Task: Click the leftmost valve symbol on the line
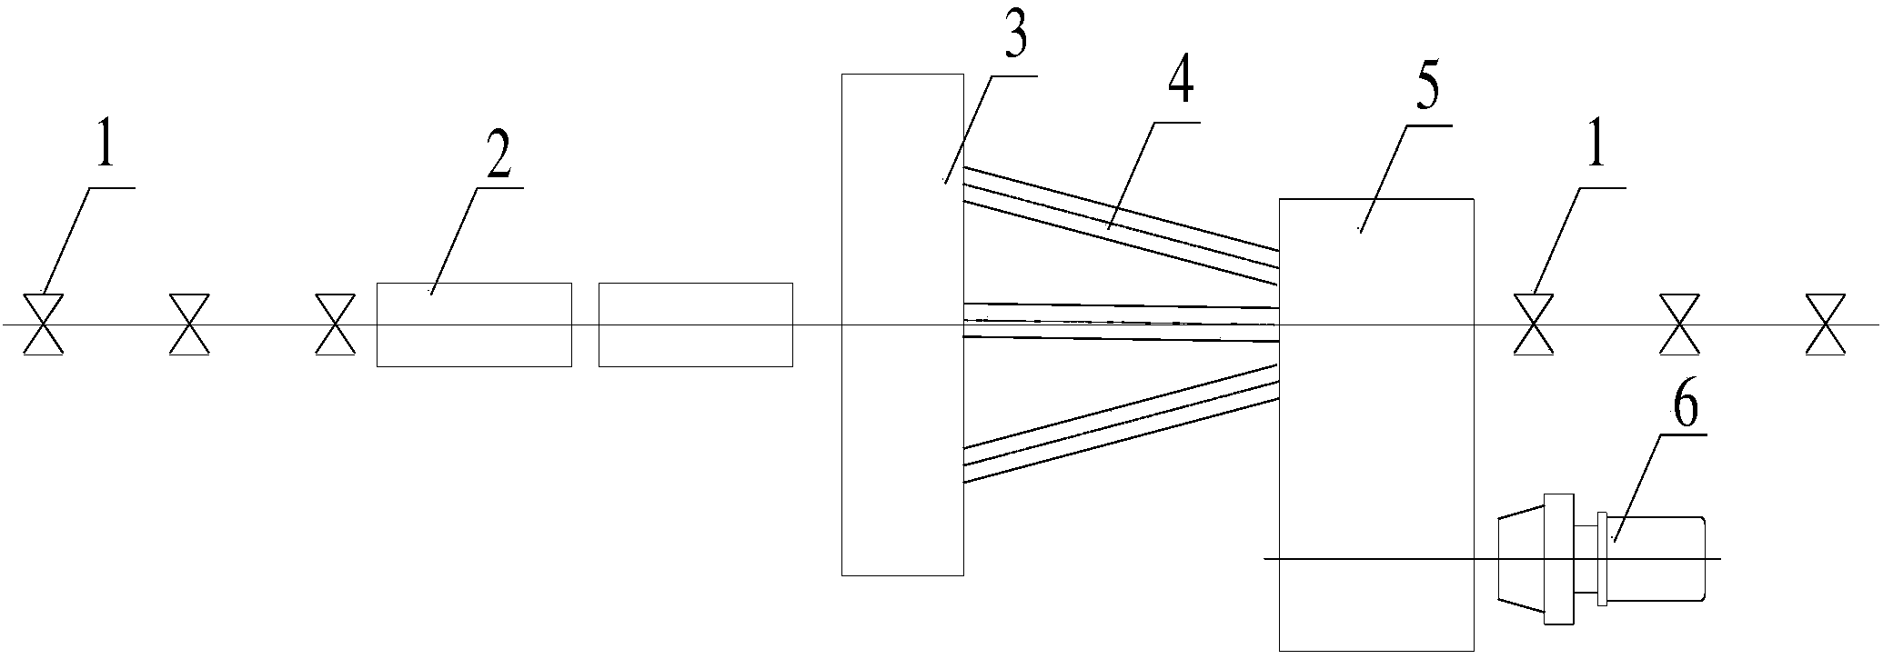pos(43,325)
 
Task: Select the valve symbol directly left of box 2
pos(335,325)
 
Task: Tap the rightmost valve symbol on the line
pos(1825,325)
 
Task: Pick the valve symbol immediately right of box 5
pos(1533,325)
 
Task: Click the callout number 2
pos(498,160)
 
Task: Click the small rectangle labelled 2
pos(474,325)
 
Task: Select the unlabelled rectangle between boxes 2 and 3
pos(695,325)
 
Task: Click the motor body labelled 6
pos(1656,558)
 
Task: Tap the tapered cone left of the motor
pos(1521,558)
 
